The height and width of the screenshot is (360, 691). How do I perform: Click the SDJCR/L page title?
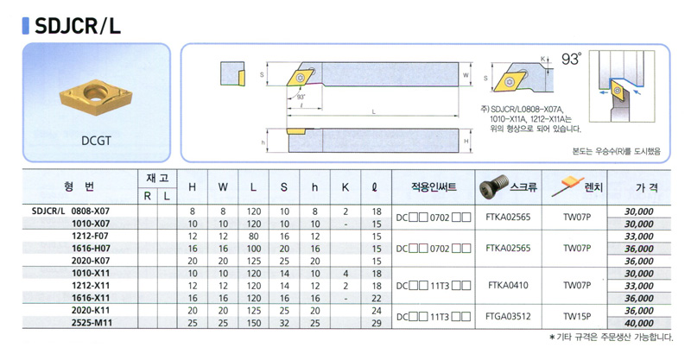pos(77,26)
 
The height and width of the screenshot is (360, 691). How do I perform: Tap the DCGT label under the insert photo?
pos(96,141)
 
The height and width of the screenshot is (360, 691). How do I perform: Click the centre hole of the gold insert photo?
pos(96,92)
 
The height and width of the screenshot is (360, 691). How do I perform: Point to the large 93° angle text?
pos(572,59)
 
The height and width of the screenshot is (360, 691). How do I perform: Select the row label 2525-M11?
pos(92,323)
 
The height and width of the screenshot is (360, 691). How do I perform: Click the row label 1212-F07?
pos(90,237)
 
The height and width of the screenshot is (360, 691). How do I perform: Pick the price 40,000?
pos(639,323)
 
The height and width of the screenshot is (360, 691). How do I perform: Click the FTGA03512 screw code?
pos(508,316)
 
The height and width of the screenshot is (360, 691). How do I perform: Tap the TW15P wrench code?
pos(577,316)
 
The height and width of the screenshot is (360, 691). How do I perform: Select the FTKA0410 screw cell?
pos(508,286)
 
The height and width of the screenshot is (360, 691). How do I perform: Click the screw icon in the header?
pos(493,186)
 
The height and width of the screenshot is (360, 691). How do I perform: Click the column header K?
pos(345,187)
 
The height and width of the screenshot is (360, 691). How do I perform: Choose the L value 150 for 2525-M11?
pos(254,323)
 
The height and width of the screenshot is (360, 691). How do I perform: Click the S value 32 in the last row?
pos(284,323)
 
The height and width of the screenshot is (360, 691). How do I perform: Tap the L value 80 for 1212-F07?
pos(254,237)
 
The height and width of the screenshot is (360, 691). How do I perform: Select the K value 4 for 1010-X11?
pos(345,274)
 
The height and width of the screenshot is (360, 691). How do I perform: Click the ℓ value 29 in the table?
pos(377,323)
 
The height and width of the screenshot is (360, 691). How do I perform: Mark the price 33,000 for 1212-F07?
pos(639,237)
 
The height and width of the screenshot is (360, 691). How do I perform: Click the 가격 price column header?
pos(647,187)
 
